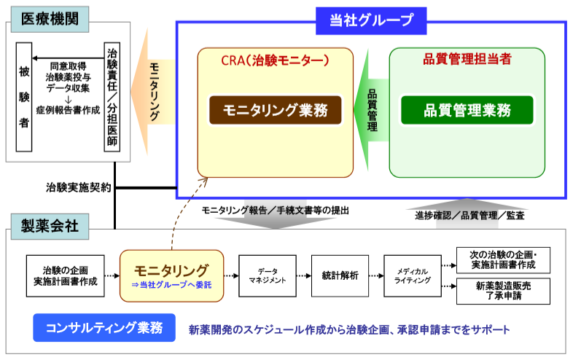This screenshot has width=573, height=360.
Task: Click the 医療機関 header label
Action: point(50,20)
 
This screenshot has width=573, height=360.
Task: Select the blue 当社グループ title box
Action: point(371,21)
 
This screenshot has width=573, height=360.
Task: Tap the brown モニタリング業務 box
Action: point(275,110)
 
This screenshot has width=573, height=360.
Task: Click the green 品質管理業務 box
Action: point(467,110)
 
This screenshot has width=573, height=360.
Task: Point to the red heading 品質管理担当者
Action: point(467,59)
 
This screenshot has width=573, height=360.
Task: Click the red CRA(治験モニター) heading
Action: point(275,60)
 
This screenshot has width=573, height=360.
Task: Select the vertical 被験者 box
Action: point(24,97)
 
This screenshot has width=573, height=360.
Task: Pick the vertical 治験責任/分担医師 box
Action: point(112,97)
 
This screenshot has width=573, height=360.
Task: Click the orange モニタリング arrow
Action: point(154,92)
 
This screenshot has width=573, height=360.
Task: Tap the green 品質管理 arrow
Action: point(371,110)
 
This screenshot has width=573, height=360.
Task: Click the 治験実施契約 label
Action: point(78,187)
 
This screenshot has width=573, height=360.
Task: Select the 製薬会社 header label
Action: point(50,227)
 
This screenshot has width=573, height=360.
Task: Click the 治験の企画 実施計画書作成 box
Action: point(66,276)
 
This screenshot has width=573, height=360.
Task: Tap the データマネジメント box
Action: point(268,276)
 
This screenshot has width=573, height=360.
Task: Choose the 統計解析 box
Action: point(340,276)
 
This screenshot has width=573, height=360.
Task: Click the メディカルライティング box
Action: point(413,276)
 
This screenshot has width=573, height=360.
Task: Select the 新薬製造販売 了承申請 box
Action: point(503,291)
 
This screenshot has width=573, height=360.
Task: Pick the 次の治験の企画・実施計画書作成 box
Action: point(503,260)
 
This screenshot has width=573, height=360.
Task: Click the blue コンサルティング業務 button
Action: point(104,328)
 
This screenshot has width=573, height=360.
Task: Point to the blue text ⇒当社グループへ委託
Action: point(171,285)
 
